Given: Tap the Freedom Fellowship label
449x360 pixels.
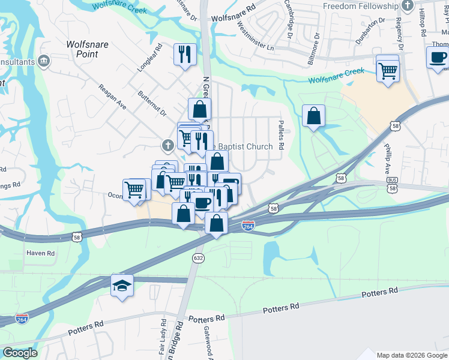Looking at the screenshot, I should coord(360,6).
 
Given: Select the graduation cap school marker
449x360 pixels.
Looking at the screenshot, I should coord(122,284).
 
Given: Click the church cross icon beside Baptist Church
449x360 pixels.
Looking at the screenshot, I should coord(167,145).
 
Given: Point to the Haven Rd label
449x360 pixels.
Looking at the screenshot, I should coord(40,253).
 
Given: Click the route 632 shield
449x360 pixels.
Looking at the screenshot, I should coord(197,257).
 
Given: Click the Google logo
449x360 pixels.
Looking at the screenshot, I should coord(19,353).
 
